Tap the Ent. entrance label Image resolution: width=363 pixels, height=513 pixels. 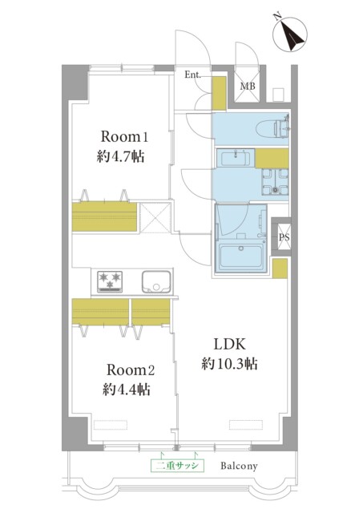pos(192,75)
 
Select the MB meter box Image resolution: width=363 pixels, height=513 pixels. pos(248,87)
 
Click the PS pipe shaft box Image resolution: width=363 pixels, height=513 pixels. pos(284,237)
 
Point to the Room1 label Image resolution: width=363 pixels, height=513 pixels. pos(124,136)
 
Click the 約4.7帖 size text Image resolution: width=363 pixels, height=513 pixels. pos(120,157)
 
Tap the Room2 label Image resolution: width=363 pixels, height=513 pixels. pos(131,370)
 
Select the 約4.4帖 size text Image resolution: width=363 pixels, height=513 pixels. pos(127,390)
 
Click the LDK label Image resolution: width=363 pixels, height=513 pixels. pos(229,344)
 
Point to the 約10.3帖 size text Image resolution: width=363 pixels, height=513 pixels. pos(229,364)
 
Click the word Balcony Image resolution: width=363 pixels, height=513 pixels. pos(239,466)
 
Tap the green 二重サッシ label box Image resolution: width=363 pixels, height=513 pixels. pos(177,465)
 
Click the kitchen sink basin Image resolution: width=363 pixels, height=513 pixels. pos(156,282)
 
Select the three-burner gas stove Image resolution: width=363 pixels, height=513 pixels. pos(110,281)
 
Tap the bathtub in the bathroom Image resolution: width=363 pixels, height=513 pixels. pos(240,256)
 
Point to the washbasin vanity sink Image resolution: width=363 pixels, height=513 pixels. pos(236,159)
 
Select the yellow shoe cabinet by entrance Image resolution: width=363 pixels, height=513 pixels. pos(219,93)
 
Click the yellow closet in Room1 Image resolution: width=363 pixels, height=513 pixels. pos(104,217)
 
